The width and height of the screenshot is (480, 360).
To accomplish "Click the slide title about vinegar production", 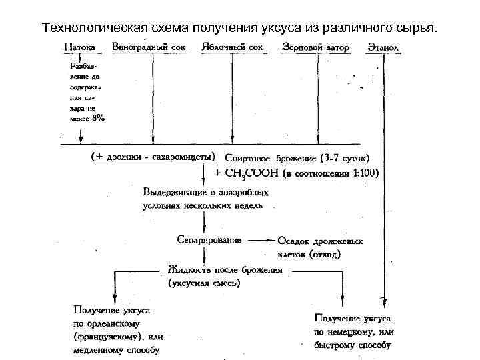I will coord(240,29).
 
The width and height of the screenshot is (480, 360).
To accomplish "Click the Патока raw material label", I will coord(79,49).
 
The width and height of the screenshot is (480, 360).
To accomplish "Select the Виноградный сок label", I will coord(149,49).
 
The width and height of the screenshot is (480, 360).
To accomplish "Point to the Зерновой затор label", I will coord(315,49).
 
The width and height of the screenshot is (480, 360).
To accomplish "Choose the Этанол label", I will coord(382,49).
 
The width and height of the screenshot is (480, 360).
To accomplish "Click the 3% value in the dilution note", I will coord(98,119).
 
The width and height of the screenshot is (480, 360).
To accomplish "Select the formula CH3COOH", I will coord(255,174).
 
